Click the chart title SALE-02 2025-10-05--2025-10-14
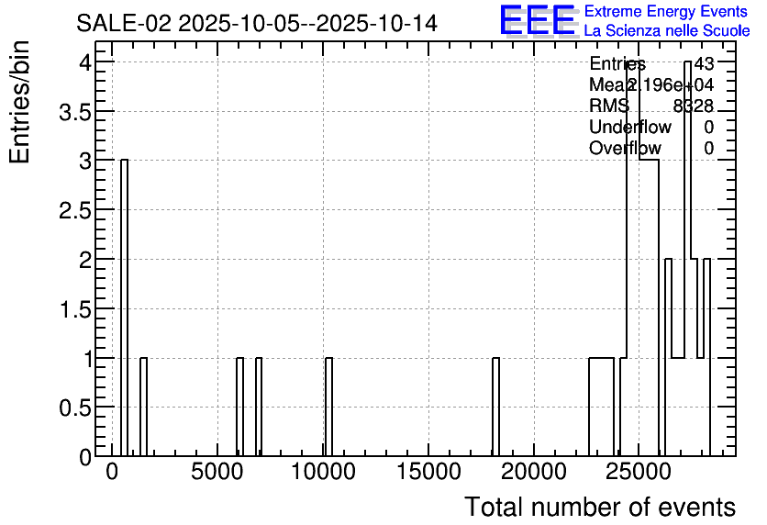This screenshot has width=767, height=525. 257,23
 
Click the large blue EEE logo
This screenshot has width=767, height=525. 538,20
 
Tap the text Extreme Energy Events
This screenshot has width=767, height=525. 665,12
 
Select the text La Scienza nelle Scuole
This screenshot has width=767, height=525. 666,31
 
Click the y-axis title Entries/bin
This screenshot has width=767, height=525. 20,102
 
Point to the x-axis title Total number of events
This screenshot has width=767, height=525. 599,507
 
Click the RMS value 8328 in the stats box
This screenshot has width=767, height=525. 694,106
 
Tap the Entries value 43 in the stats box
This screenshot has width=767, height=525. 704,63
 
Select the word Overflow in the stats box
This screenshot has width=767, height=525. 625,148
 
